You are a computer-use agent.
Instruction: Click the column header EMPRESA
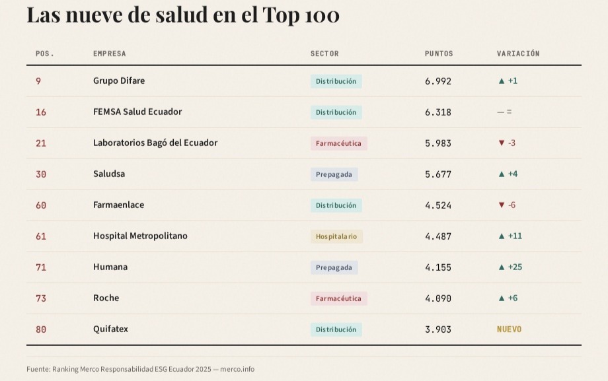109,53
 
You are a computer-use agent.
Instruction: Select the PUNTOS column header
439,53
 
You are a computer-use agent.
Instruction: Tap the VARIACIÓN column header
518,53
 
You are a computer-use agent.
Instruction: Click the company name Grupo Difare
119,81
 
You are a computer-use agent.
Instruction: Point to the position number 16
41,112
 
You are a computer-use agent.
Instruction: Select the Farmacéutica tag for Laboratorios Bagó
338,143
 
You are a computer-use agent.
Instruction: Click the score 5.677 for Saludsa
438,174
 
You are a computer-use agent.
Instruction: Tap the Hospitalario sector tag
336,236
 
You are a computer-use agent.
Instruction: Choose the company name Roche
106,298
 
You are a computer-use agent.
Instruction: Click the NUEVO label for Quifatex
509,329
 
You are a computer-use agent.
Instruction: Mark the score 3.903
438,329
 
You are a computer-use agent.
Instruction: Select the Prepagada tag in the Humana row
334,267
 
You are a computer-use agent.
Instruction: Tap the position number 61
41,236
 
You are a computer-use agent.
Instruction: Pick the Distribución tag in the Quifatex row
336,329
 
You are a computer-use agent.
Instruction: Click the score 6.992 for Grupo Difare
438,81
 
